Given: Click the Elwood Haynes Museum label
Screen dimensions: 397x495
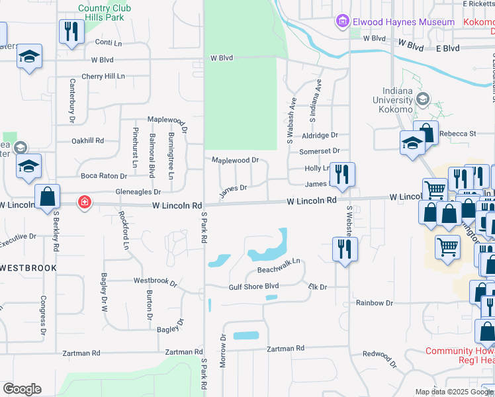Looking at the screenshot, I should pyautogui.click(x=403, y=22).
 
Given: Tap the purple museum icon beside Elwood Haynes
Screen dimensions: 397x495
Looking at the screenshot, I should pyautogui.click(x=343, y=22).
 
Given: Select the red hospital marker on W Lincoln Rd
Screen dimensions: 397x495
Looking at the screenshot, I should pyautogui.click(x=85, y=202).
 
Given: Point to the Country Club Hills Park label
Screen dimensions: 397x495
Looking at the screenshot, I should pyautogui.click(x=101, y=13).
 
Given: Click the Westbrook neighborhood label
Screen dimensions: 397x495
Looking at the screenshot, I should pyautogui.click(x=28, y=267).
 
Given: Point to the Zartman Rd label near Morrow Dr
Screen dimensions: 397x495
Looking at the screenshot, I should pyautogui.click(x=285, y=348).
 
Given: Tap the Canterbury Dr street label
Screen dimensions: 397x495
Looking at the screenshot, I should pyautogui.click(x=73, y=101).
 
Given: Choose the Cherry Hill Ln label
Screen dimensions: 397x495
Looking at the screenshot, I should pyautogui.click(x=103, y=76).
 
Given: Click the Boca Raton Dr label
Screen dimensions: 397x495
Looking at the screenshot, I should pyautogui.click(x=104, y=176).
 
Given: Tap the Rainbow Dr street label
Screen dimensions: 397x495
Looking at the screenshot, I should pyautogui.click(x=375, y=302).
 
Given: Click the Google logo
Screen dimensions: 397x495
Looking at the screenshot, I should pyautogui.click(x=22, y=388).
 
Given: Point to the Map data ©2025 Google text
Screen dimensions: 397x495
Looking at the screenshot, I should pyautogui.click(x=453, y=392).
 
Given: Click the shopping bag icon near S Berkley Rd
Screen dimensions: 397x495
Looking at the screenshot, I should pyautogui.click(x=48, y=197).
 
